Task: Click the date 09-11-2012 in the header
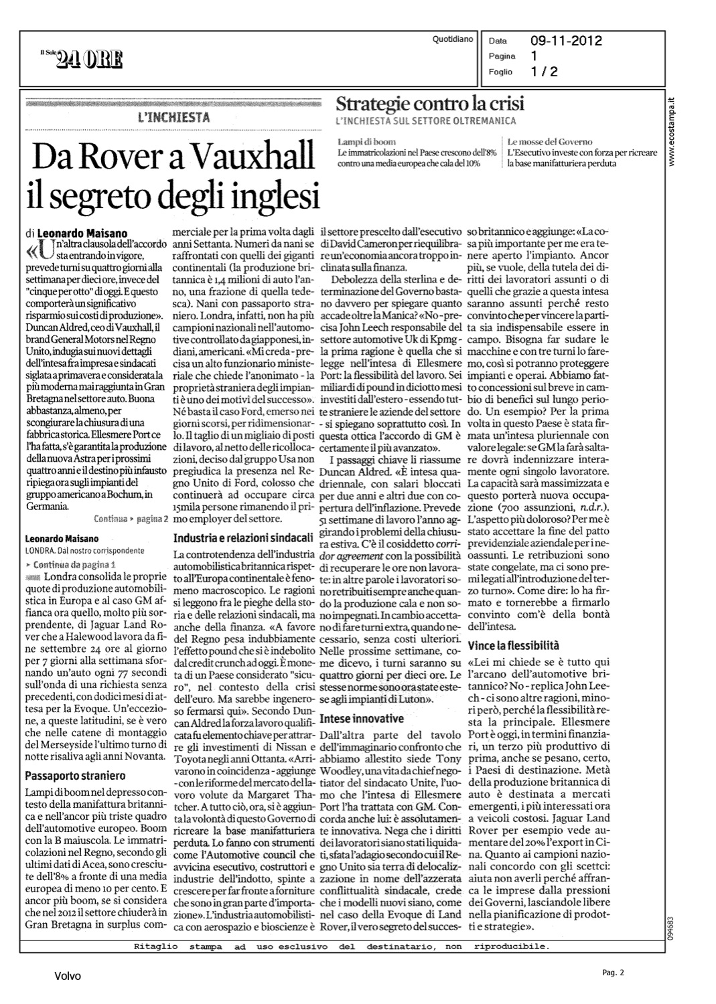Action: (566, 41)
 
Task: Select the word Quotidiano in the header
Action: (453, 40)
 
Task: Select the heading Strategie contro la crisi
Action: (430, 104)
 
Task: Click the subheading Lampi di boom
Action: (367, 142)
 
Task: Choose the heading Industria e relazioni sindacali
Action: (244, 537)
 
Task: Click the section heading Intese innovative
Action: (362, 719)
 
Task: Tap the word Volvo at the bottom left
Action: (68, 976)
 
